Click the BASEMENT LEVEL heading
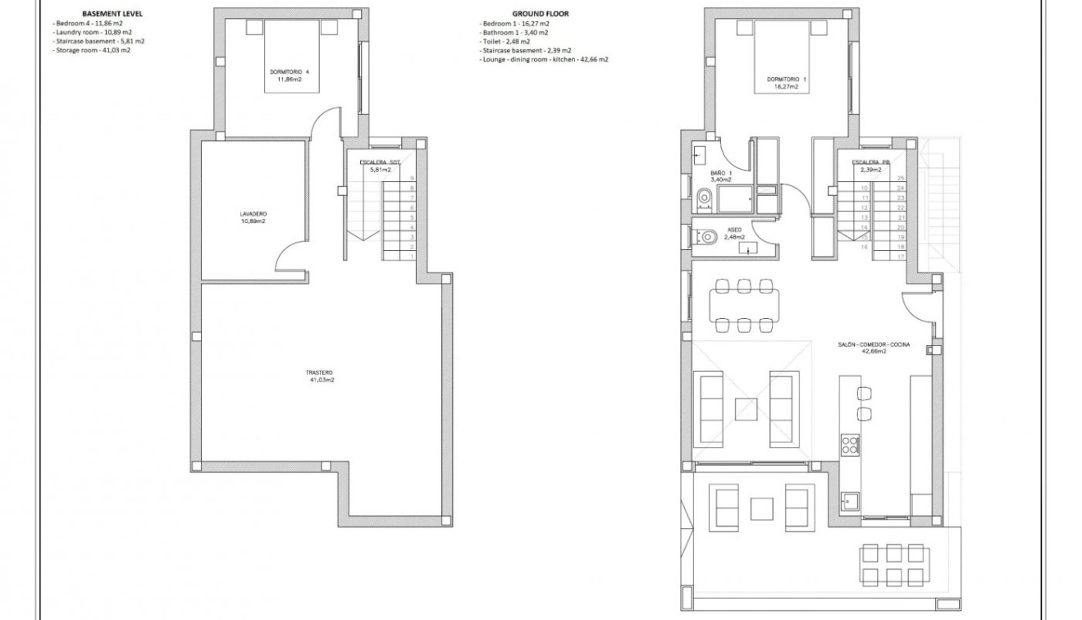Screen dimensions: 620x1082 coord(107,14)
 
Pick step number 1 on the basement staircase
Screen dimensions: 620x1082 coord(412,257)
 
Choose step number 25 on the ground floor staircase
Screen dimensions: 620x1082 coord(901,178)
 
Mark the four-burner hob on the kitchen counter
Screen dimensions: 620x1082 coord(850,445)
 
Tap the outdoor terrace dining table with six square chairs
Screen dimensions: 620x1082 coord(893,564)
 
